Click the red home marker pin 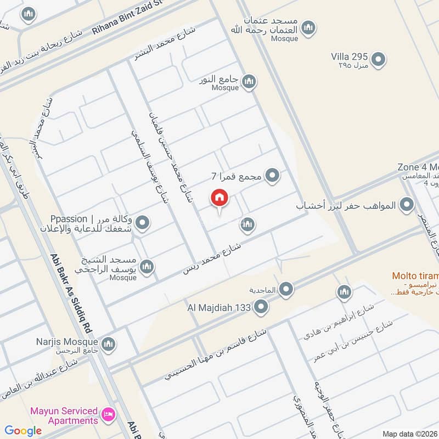coord(219,198)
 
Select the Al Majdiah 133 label coord(221,308)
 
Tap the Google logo coord(24,431)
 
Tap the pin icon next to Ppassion coord(143,223)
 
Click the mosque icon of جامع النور coord(249,82)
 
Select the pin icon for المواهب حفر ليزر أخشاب coord(407,206)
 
